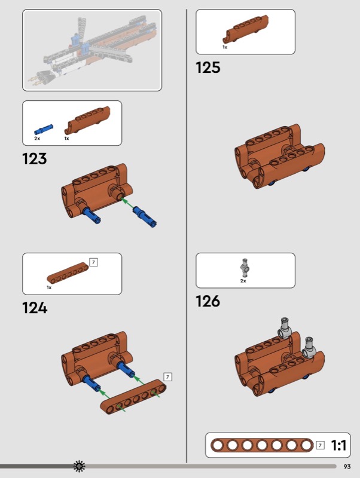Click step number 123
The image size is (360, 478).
coord(35,158)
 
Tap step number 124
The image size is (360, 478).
coord(35,308)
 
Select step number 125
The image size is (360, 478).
coord(208,68)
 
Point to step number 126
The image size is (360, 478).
coord(208,301)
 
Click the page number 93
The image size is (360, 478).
coord(347,467)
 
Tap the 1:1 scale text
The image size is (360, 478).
coord(338,445)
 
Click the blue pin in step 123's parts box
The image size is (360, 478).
coord(43,130)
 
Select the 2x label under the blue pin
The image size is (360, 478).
coord(37,139)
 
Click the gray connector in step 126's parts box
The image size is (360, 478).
coord(245,268)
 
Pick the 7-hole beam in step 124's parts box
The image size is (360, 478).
coord(68,272)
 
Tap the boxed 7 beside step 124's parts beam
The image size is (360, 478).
coord(94,262)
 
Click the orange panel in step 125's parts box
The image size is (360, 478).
coord(246,29)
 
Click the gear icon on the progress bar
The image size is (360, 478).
coord(80,466)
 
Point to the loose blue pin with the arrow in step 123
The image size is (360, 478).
coord(145,216)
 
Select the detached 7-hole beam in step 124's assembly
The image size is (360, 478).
coord(133,397)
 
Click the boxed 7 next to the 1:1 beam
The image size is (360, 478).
coord(320,445)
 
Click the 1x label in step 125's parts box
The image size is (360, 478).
coord(225,47)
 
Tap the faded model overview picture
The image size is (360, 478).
coord(92,50)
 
